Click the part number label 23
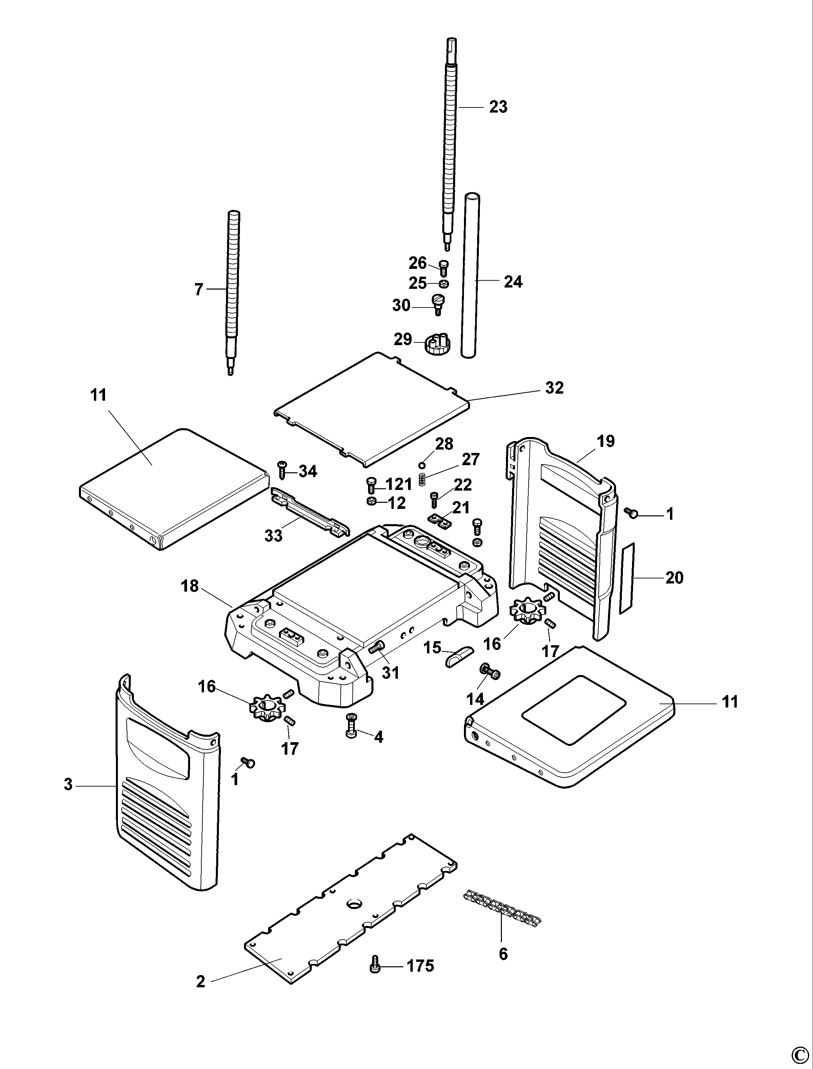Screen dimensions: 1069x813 point(498,106)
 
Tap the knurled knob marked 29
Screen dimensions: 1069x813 point(438,344)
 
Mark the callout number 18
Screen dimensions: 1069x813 point(190,586)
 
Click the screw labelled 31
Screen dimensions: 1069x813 point(376,647)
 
